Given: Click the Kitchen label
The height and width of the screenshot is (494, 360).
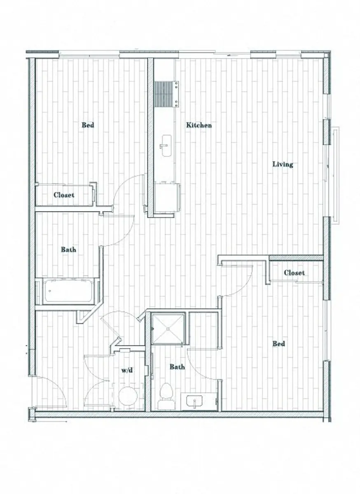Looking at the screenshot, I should [x=199, y=125].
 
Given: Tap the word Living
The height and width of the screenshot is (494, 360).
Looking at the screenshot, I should [x=283, y=164].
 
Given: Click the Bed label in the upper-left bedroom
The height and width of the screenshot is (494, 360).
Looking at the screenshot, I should [x=88, y=125].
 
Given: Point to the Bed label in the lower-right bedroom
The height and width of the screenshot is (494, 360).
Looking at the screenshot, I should [x=279, y=344].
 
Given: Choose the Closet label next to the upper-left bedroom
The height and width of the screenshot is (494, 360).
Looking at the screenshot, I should [x=64, y=195].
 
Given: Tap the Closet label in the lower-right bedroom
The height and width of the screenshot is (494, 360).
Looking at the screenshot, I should [x=295, y=273].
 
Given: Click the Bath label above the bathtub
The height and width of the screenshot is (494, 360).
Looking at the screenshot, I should [x=68, y=249].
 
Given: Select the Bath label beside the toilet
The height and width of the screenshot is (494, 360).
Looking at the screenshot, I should [x=178, y=367].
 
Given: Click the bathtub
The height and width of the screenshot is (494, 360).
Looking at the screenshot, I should [x=68, y=291].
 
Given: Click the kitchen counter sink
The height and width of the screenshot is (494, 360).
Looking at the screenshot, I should [x=167, y=146].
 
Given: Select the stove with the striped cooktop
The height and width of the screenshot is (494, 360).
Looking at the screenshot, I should [x=165, y=93].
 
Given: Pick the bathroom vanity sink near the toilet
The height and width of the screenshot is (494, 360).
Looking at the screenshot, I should [x=195, y=401].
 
